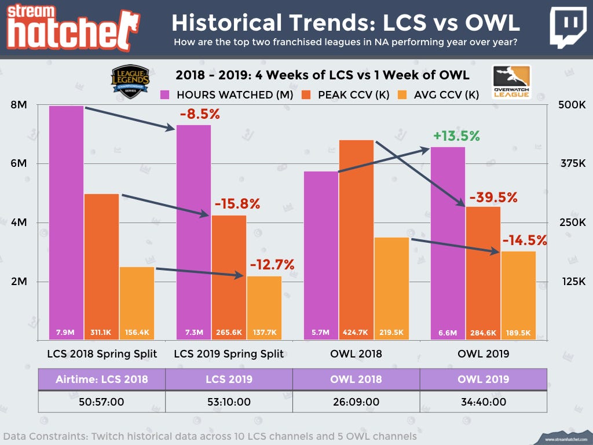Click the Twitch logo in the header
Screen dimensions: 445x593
point(566,27)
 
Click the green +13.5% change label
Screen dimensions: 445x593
point(456,136)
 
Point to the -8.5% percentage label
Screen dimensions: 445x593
point(200,114)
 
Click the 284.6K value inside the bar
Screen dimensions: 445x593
point(484,333)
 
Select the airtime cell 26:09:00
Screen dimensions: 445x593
point(356,400)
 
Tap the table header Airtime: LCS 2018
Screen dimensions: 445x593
point(102,380)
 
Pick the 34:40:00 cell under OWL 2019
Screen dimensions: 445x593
point(483,400)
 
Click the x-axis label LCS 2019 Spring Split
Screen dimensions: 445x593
point(229,353)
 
